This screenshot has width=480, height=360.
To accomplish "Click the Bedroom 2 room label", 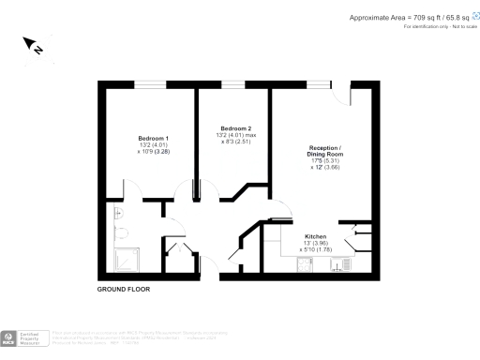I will click(x=235, y=127).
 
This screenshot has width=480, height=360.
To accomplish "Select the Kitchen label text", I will click(x=315, y=236).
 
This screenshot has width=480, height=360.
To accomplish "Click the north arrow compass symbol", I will click(x=32, y=45).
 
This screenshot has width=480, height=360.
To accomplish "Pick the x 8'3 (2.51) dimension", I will click(x=234, y=142).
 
